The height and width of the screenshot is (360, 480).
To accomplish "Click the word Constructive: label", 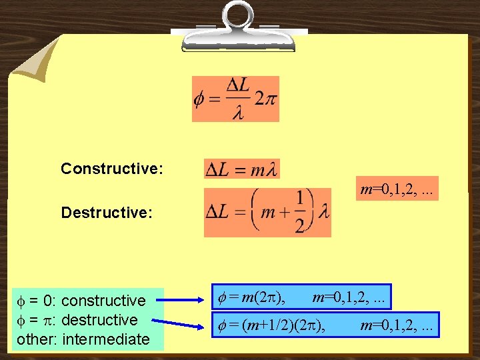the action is click(x=111, y=169).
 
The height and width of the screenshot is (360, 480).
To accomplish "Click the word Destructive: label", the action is click(x=107, y=213).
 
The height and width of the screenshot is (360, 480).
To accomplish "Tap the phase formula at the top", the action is click(x=235, y=99).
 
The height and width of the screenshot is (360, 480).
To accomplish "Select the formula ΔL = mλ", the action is click(x=242, y=169).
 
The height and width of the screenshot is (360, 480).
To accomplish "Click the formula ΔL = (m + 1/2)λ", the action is click(x=267, y=213).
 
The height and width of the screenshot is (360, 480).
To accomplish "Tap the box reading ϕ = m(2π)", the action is click(x=301, y=297).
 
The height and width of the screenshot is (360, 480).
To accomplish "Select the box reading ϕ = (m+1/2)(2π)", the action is click(x=326, y=325).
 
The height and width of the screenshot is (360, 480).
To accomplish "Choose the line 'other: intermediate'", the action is click(x=83, y=339).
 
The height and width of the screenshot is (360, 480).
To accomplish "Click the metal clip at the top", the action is click(x=238, y=27).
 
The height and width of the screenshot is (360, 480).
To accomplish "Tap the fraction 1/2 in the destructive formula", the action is click(x=301, y=213).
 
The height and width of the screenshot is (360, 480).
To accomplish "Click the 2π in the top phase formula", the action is click(x=265, y=99).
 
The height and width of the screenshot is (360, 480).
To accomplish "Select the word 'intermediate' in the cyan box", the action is click(x=106, y=339).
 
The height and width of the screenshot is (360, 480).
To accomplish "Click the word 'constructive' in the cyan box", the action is click(x=103, y=301).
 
